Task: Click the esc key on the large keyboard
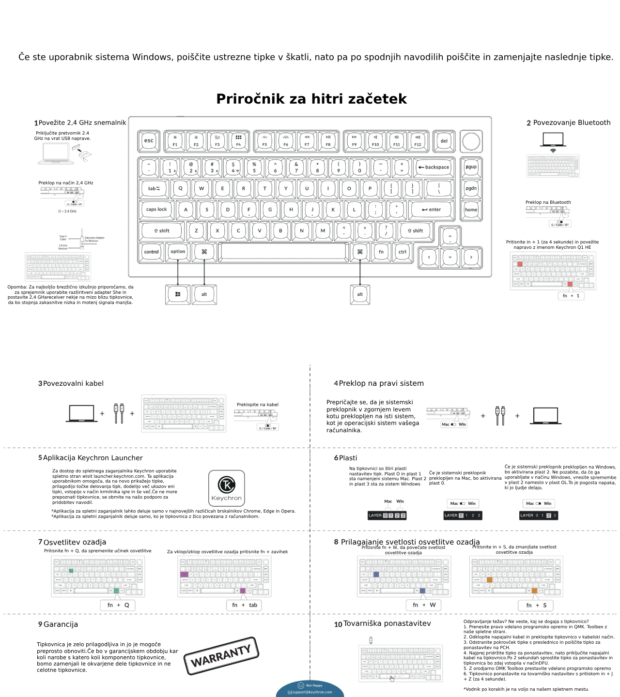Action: tap(149, 141)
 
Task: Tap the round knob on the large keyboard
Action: tap(471, 141)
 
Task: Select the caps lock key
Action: tap(156, 210)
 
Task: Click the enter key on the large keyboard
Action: tap(431, 210)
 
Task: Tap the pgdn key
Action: tap(471, 188)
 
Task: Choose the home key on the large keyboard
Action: tap(471, 210)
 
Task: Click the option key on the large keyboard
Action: tap(178, 252)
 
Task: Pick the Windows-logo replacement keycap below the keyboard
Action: tap(178, 294)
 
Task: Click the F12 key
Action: tap(418, 141)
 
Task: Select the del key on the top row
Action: tap(444, 141)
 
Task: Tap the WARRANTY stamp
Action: tap(221, 656)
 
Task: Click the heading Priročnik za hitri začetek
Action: tap(311, 99)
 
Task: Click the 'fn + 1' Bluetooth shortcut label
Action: tap(571, 296)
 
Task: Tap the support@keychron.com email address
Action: tap(312, 692)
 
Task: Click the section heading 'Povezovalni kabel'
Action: tap(73, 383)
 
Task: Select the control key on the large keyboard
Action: tap(151, 252)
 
